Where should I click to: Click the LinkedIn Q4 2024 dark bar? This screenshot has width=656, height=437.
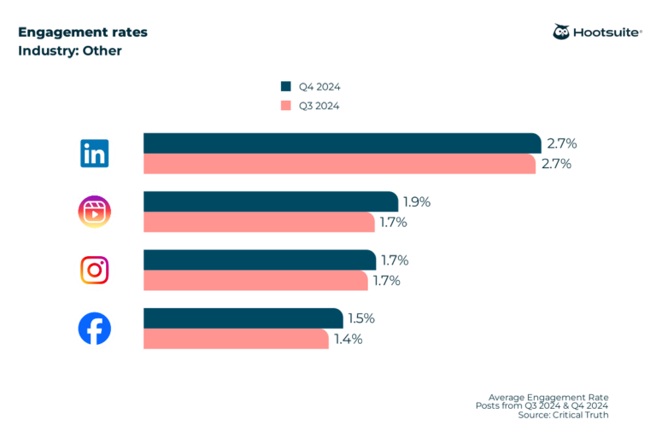[x=342, y=143]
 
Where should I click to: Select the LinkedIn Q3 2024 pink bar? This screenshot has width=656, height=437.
[x=339, y=164]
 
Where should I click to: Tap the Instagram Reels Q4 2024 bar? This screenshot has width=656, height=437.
[x=270, y=202]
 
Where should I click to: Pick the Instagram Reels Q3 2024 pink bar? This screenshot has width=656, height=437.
[x=259, y=222]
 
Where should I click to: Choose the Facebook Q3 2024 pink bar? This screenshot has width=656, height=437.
[x=236, y=339]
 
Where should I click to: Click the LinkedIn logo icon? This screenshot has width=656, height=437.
[x=94, y=154]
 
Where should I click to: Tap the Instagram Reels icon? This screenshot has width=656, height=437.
[x=94, y=212]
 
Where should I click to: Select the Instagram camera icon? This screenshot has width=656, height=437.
[x=94, y=270]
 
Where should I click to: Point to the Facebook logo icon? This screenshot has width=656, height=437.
[x=94, y=329]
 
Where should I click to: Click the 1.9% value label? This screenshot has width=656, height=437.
[x=417, y=202]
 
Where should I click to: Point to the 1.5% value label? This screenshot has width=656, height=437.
[x=361, y=318]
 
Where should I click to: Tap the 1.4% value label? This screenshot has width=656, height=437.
[x=348, y=339]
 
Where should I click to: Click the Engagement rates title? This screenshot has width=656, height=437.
[x=82, y=32]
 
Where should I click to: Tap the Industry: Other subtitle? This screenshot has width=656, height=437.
[x=70, y=51]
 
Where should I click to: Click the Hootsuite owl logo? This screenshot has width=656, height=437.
[x=562, y=32]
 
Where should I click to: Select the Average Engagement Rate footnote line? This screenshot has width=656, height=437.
[x=548, y=397]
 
